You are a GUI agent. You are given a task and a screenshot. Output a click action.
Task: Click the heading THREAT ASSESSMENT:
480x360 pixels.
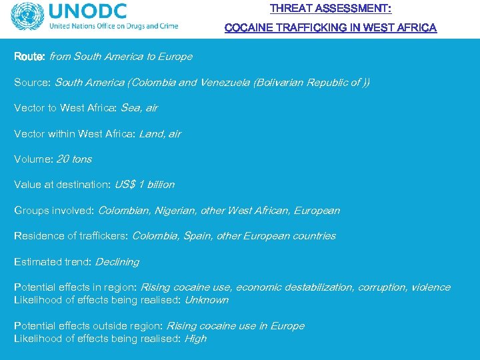[331, 9]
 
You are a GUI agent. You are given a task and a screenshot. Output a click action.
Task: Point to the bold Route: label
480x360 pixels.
[30, 57]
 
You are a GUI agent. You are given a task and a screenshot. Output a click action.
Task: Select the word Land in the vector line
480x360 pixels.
[150, 134]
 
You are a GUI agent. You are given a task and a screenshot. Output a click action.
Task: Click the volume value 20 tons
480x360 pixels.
[74, 159]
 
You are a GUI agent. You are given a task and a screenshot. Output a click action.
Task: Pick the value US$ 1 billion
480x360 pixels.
[145, 185]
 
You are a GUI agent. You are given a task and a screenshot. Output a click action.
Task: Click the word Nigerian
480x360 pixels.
[175, 211]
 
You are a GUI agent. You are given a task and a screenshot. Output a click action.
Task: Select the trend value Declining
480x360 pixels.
[117, 262]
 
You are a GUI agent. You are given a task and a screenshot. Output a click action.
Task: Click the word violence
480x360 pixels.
[431, 287]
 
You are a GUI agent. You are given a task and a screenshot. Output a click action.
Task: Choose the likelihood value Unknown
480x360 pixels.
[206, 300]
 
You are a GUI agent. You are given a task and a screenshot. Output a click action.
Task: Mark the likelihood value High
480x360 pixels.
[195, 339]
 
